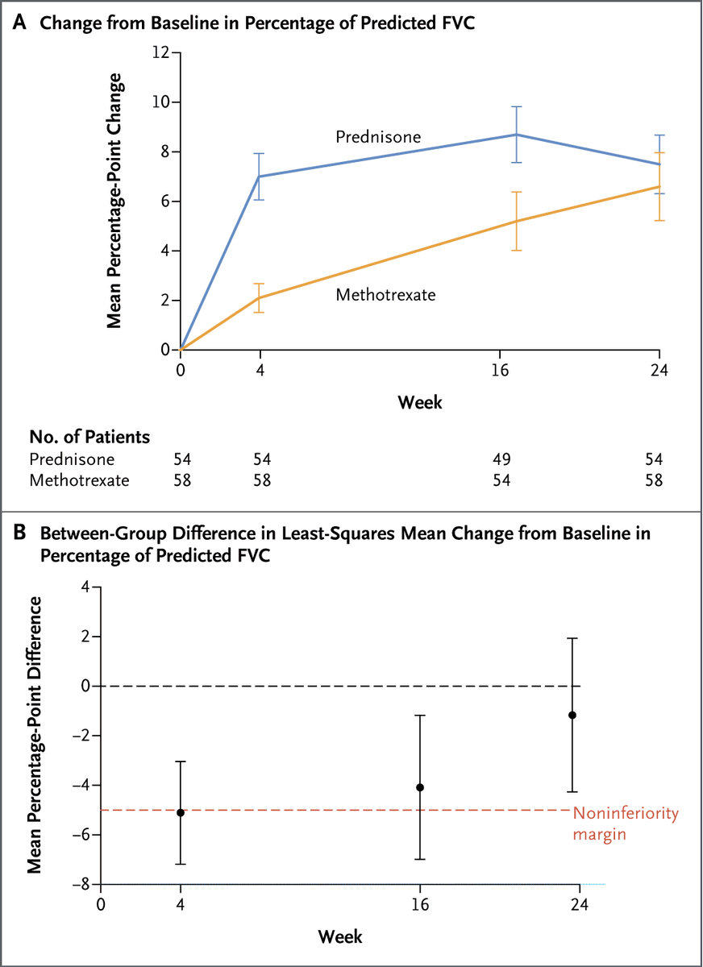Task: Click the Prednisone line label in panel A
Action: pos(378,137)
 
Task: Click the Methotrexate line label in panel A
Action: pos(385,295)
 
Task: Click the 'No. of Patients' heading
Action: pos(89,438)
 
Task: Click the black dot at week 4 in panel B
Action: pos(181,812)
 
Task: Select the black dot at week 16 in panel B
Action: pos(420,787)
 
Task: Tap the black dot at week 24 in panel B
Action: pos(572,715)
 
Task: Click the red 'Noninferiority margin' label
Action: pos(625,823)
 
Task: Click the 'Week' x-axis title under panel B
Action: pos(339,936)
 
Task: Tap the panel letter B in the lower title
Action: pos(19,533)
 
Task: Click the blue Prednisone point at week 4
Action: pos(260,176)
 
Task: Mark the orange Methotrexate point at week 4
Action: pos(260,298)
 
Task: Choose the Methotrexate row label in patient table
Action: pos(80,481)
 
